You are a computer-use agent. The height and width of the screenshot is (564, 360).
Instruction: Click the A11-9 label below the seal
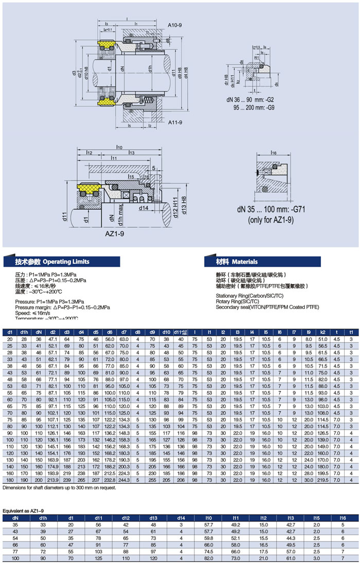point(175,122)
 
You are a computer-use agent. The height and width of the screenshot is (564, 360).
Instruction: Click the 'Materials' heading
point(241,262)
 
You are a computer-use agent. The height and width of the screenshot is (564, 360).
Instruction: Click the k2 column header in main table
point(322,333)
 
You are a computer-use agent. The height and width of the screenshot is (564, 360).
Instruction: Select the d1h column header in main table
point(24,333)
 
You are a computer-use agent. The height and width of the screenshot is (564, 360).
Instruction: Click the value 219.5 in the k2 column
point(322,480)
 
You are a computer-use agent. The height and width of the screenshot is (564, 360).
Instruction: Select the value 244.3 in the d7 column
point(124,480)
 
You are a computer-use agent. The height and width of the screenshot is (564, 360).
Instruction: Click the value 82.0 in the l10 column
point(209,558)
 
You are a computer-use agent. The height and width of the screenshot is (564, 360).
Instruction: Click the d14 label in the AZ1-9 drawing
point(143,208)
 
